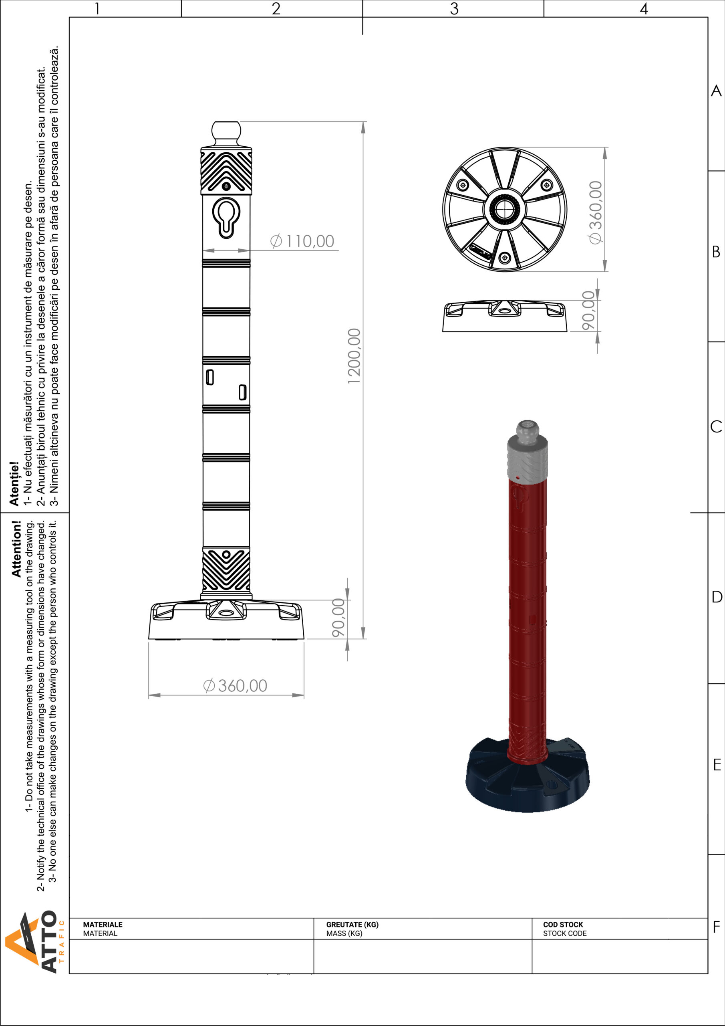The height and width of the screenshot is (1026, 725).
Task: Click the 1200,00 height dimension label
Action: (x=354, y=356)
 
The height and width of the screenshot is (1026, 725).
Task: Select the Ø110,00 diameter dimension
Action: (x=302, y=241)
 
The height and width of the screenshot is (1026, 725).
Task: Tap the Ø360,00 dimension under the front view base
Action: (x=235, y=685)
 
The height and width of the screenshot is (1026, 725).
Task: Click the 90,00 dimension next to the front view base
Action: (x=338, y=618)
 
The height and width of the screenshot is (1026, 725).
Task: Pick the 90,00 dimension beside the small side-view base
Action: (x=589, y=310)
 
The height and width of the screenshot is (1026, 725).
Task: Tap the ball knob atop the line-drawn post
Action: (x=226, y=132)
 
